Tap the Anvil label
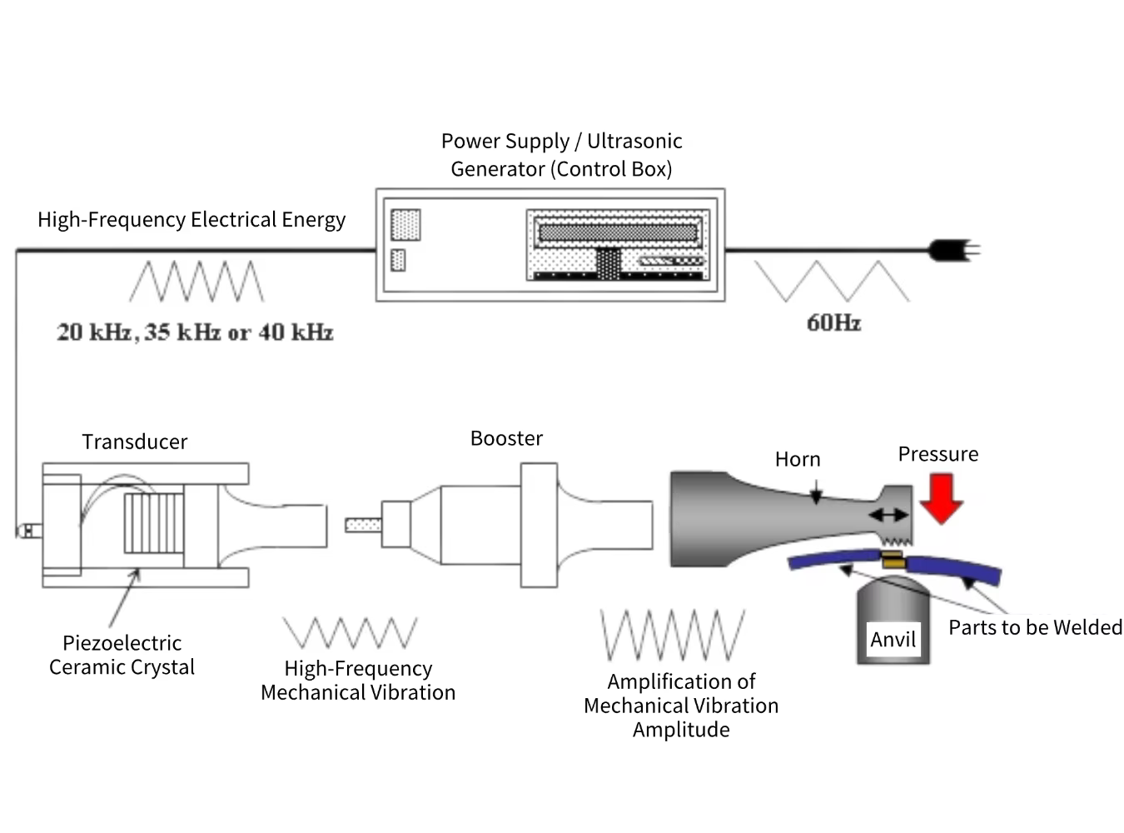click(893, 640)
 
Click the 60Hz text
click(833, 323)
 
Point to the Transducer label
click(134, 441)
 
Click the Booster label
click(506, 438)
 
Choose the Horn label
click(798, 459)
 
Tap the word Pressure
click(937, 454)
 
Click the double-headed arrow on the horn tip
click(888, 516)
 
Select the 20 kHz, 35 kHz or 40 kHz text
click(195, 332)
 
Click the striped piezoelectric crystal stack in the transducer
click(153, 523)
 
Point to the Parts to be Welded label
click(1035, 627)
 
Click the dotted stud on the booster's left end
click(363, 525)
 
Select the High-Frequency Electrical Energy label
click(191, 220)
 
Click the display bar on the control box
click(617, 232)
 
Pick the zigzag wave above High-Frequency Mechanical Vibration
click(350, 633)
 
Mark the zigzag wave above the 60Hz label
click(832, 282)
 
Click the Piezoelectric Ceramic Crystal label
click(122, 655)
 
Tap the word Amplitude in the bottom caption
click(681, 730)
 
